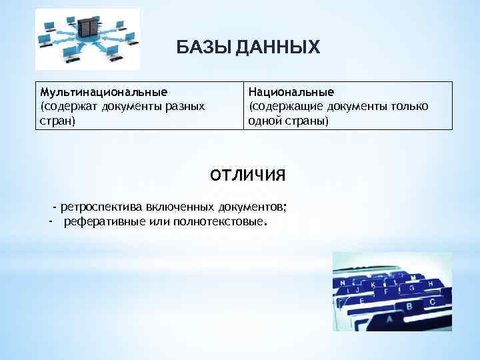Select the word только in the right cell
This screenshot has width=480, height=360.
[407, 106]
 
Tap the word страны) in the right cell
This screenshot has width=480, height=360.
[303, 121]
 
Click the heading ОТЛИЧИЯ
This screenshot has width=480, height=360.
[247, 175]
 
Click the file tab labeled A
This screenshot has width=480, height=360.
[389, 319]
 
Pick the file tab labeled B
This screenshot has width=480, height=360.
[409, 306]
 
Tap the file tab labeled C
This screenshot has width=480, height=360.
[433, 301]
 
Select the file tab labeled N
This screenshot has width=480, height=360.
[343, 283]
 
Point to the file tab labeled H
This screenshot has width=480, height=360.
[430, 283]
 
